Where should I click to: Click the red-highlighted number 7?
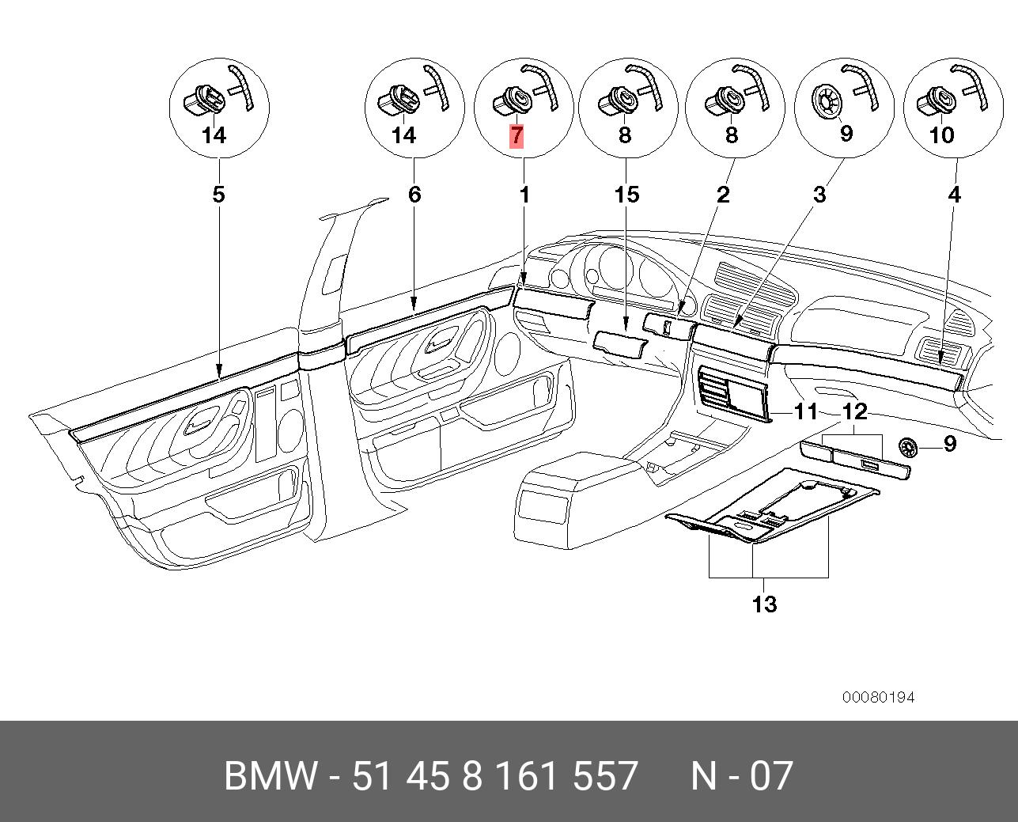coord(516,135)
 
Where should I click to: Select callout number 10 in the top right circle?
coord(941,135)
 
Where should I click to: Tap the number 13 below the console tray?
coord(764,604)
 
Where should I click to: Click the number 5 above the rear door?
coord(219,194)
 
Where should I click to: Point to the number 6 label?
coord(414,194)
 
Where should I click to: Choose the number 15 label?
coord(626,194)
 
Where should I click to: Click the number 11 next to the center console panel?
coord(805,411)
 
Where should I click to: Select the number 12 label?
coord(855,411)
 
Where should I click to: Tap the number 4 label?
coord(955,194)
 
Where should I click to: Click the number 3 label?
coord(819,194)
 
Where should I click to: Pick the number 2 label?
coord(723,194)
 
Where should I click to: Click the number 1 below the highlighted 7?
coord(524,194)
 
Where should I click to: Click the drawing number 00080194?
coord(878,697)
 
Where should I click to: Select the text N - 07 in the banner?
coord(741,775)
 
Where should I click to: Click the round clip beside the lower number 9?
coord(909,447)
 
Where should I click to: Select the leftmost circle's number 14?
coord(214,135)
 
